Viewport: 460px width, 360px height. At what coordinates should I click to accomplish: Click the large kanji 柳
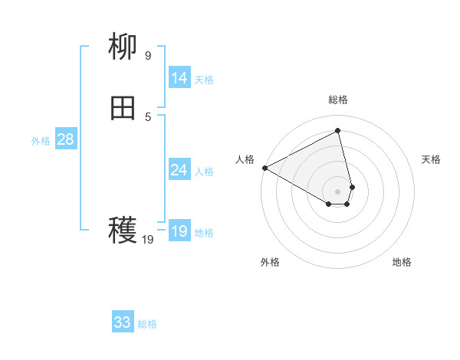click(x=123, y=47)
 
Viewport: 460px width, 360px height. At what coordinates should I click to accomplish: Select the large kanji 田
click(x=123, y=109)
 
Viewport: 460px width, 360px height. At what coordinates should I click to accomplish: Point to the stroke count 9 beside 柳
click(x=147, y=56)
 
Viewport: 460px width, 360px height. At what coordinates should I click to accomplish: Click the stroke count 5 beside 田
click(x=147, y=116)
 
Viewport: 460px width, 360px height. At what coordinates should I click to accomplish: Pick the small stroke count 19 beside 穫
click(x=147, y=240)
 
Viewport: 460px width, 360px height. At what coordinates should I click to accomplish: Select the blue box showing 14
click(x=179, y=78)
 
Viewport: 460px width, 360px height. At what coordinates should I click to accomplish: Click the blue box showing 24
click(x=179, y=170)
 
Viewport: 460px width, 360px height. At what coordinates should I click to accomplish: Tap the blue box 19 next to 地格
click(x=179, y=231)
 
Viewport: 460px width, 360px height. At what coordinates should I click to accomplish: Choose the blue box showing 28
click(x=65, y=139)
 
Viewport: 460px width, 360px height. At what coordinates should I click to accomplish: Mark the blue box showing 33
click(x=123, y=322)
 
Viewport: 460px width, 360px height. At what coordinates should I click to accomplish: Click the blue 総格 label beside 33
click(x=147, y=324)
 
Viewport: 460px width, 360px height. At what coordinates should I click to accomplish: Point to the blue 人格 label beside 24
click(x=204, y=172)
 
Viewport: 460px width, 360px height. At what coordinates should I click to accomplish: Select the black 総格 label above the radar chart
click(x=337, y=100)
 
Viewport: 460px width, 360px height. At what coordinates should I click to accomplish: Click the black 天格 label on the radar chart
click(x=431, y=159)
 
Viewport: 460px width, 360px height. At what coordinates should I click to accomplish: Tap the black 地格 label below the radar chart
click(x=402, y=262)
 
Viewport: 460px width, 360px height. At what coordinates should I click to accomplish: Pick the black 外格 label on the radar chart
click(x=270, y=262)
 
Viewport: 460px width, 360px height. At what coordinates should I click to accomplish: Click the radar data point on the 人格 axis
click(x=264, y=168)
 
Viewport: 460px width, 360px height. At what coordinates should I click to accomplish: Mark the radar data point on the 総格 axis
click(x=337, y=130)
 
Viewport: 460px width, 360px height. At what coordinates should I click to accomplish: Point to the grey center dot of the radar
click(x=337, y=191)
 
